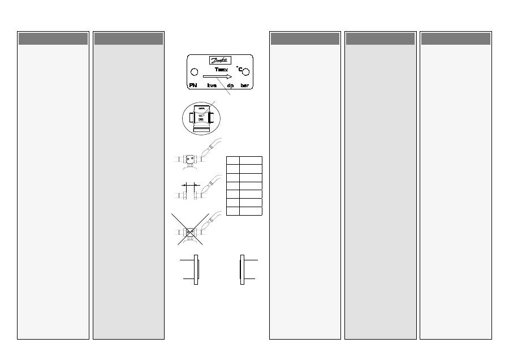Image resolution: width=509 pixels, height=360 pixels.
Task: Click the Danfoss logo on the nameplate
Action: coord(219,61)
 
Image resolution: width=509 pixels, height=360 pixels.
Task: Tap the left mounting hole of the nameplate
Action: coord(194,72)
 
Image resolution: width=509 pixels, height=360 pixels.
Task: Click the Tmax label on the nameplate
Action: coord(221,69)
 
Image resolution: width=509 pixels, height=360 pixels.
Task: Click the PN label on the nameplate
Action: coord(193,85)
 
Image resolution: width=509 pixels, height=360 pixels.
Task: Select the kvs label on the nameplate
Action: coord(212,85)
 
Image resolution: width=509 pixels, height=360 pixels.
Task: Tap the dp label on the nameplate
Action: coord(230,85)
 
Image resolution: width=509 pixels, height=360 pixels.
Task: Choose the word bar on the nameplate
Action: coord(245,85)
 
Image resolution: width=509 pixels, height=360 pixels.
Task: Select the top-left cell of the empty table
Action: coord(232,160)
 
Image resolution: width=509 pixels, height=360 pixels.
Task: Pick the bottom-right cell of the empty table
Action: coord(250,211)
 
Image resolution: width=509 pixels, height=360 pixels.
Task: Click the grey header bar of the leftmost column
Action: coord(53,38)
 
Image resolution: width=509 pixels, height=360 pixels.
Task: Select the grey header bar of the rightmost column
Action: coord(455,38)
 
